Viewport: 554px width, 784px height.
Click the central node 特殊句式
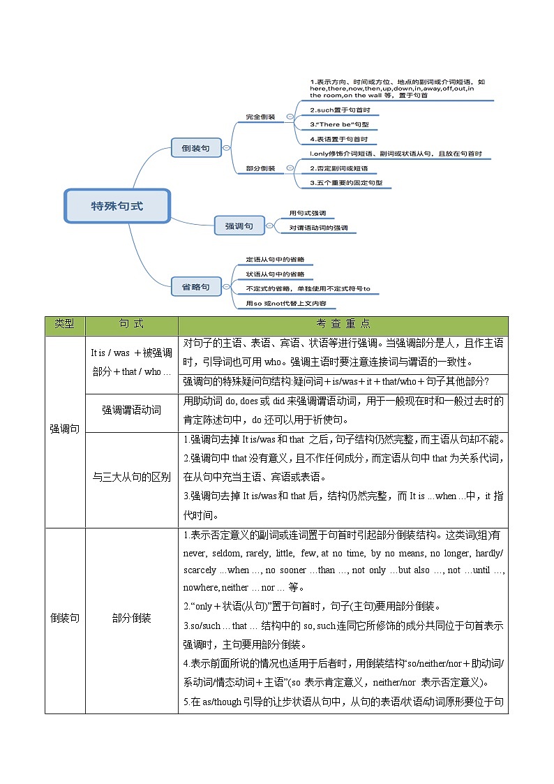[117, 206]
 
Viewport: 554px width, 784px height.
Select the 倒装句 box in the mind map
[195, 148]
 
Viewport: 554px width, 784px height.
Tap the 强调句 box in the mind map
[239, 226]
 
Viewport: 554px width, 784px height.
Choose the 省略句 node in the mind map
[195, 286]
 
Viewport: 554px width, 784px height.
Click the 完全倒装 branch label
[260, 117]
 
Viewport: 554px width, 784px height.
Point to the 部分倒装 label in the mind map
[260, 168]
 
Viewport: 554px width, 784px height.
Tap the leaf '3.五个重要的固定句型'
[350, 183]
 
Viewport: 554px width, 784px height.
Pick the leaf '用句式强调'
[308, 213]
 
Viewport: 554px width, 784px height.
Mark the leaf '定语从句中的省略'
[275, 260]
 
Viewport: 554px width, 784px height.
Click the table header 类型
[65, 325]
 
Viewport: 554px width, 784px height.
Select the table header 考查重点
[343, 325]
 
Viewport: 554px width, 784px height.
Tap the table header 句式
[131, 325]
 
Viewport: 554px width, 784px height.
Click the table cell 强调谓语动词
[131, 410]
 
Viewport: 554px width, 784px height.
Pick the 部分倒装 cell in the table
[131, 619]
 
